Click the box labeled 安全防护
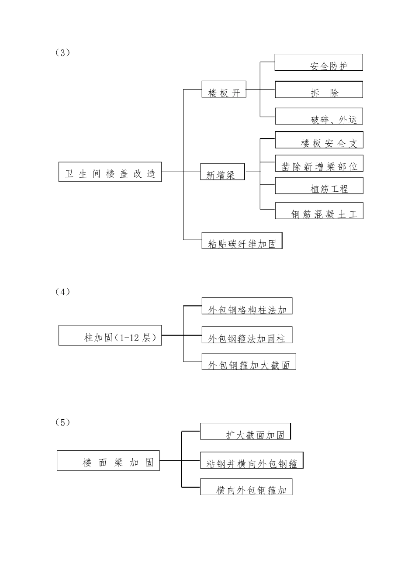[x=318, y=62]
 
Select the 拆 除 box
[x=318, y=90]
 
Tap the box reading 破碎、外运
[x=318, y=116]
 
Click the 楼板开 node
[x=224, y=89]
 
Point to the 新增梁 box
[x=222, y=172]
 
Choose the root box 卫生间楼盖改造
[x=110, y=172]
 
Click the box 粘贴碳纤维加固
[x=242, y=241]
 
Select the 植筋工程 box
[x=319, y=186]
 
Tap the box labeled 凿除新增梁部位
[x=319, y=163]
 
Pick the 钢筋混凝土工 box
[x=319, y=211]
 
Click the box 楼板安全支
[x=319, y=140]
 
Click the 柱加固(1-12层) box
[x=110, y=335]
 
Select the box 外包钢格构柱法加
[x=247, y=306]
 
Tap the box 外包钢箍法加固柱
[x=247, y=335]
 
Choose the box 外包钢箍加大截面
[x=249, y=362]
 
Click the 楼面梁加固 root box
[x=108, y=461]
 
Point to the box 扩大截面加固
[x=246, y=432]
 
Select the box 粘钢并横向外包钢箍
[x=251, y=461]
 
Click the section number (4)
[x=62, y=292]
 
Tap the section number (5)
[x=62, y=422]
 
